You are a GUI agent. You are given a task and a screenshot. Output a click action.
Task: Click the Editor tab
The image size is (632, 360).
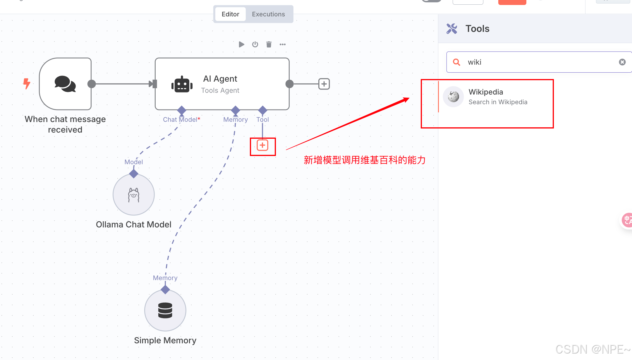pyautogui.click(x=230, y=14)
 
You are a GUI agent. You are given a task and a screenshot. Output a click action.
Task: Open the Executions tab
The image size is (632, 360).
pyautogui.click(x=268, y=14)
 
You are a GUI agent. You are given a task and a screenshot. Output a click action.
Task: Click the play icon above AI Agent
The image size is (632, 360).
pyautogui.click(x=241, y=44)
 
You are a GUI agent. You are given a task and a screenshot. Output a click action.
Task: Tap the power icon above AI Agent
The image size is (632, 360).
pyautogui.click(x=255, y=44)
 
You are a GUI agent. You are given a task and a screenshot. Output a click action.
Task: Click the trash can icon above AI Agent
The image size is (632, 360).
pyautogui.click(x=269, y=44)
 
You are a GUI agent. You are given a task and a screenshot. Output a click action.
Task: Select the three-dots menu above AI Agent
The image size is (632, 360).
pyautogui.click(x=283, y=44)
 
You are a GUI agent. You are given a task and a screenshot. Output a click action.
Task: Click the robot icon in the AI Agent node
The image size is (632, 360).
pyautogui.click(x=182, y=85)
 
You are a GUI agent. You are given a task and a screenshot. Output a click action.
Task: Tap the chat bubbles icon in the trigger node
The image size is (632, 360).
pyautogui.click(x=65, y=84)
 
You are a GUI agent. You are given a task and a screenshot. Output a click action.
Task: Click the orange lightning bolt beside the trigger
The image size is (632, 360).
pyautogui.click(x=27, y=84)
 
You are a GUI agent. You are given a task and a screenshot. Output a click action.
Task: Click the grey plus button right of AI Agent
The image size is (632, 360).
pyautogui.click(x=324, y=84)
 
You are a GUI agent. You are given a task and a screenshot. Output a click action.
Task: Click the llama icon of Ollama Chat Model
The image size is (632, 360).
pyautogui.click(x=134, y=195)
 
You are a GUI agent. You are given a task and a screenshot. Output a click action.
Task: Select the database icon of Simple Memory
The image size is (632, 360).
pyautogui.click(x=165, y=311)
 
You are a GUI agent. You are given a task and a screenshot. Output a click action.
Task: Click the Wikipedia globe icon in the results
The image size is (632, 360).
pyautogui.click(x=453, y=97)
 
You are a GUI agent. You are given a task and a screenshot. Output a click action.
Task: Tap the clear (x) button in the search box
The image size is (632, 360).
pyautogui.click(x=622, y=62)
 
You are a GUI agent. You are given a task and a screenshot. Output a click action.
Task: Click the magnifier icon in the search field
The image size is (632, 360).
pyautogui.click(x=456, y=62)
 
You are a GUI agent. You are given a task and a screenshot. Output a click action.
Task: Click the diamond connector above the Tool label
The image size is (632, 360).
pyautogui.click(x=263, y=110)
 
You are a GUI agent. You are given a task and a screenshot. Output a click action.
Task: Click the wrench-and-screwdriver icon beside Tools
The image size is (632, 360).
pyautogui.click(x=452, y=29)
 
